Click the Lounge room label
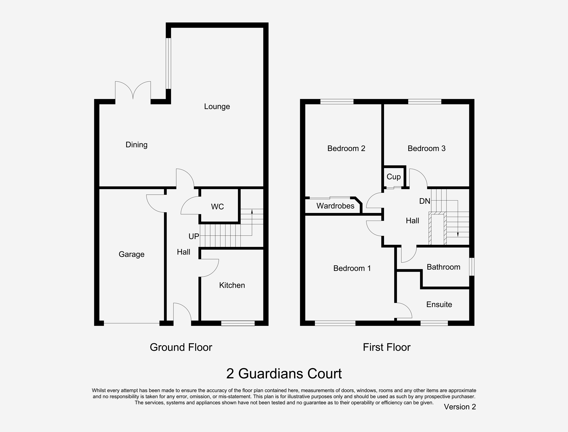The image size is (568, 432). point(217,106)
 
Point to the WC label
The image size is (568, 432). point(217,206)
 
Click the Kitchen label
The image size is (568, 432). point(232,285)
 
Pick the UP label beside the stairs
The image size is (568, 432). point(194,236)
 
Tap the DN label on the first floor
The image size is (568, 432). point(425,201)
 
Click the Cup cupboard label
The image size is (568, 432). point(394,177)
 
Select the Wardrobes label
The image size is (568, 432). point(335,206)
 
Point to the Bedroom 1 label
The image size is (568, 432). point(352,268)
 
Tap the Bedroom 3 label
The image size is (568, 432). point(426,148)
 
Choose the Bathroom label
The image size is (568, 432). point(443,267)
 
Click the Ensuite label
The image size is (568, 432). point(439,305)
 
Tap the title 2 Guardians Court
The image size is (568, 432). point(284,374)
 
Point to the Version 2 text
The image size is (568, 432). point(460,407)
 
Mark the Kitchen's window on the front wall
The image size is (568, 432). point(238,323)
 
